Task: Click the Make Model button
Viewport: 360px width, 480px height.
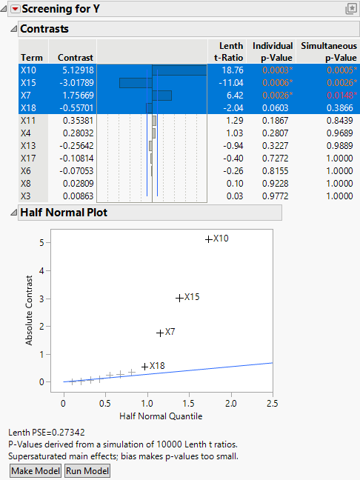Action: tap(34, 471)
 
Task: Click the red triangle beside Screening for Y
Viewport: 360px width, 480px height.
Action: tap(14, 10)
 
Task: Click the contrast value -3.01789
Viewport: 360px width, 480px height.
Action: tap(76, 82)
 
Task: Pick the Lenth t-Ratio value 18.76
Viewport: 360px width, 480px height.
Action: tap(231, 70)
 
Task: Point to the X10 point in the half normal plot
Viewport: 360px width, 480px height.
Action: tap(208, 239)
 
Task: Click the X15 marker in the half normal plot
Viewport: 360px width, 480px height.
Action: tap(179, 298)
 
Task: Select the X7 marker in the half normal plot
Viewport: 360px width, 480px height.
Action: tap(160, 333)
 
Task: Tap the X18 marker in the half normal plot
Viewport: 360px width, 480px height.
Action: tap(145, 366)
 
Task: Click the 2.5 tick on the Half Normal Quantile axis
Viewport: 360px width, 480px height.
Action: tap(273, 403)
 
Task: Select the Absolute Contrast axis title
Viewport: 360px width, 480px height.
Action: tap(30, 311)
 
